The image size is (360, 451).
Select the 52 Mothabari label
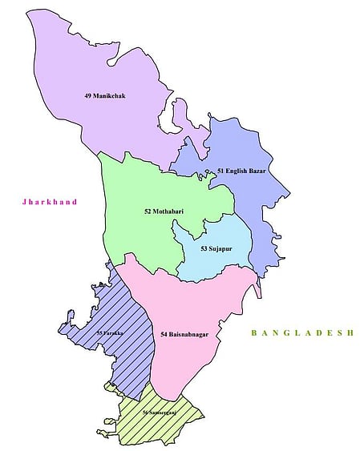(x=165, y=211)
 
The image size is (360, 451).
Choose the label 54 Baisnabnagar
(x=189, y=334)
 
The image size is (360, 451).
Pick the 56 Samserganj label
(x=160, y=413)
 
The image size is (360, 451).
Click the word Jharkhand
(x=50, y=203)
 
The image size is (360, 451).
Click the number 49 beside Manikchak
(x=87, y=96)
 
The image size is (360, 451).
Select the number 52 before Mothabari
(x=148, y=211)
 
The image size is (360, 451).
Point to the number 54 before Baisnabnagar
(x=164, y=334)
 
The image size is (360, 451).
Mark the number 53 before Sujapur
(x=204, y=249)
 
